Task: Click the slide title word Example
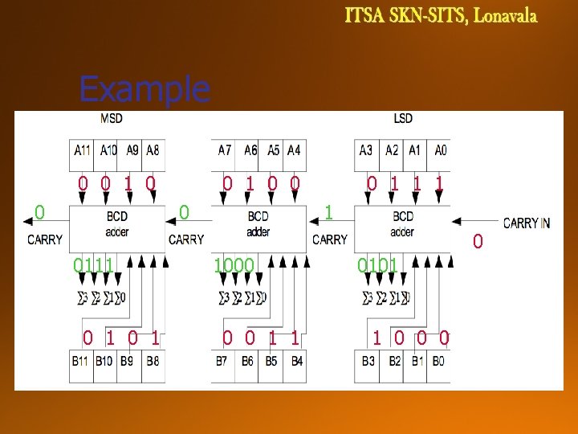point(144,89)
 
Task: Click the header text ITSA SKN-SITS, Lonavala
point(441,16)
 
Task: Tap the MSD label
point(111,119)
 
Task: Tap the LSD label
point(403,119)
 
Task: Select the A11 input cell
point(82,149)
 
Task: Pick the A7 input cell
point(226,149)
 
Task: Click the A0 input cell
point(439,149)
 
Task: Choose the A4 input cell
point(295,149)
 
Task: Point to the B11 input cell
point(81,362)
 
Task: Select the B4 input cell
point(297,362)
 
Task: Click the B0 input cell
point(438,362)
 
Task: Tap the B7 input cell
point(222,362)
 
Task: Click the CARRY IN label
point(527,223)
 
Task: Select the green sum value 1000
point(234,265)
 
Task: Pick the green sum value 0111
point(92,265)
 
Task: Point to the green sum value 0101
point(377,265)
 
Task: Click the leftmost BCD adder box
point(116,224)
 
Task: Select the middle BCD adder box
point(258,224)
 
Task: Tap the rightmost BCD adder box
point(402,224)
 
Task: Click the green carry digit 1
point(328,212)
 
